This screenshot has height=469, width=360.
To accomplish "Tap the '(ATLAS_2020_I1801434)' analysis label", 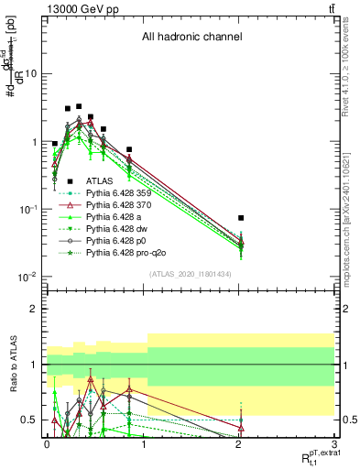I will click(191, 275).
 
